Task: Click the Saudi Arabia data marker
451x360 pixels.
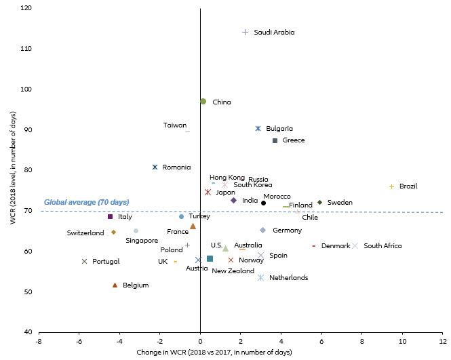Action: point(246,32)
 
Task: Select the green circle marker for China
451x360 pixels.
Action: point(203,101)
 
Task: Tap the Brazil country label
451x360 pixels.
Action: point(408,186)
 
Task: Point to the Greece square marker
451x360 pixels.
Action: point(275,140)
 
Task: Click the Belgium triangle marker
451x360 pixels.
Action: point(115,285)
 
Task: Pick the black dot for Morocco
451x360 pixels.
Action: point(264,203)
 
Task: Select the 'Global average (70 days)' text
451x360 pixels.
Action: point(86,202)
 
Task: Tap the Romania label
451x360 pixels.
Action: point(176,167)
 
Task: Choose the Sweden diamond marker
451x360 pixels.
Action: point(319,202)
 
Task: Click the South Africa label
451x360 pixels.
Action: point(383,245)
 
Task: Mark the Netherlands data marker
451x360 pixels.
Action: point(260,277)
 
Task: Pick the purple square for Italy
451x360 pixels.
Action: point(110,216)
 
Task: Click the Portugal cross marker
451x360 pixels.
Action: point(84,261)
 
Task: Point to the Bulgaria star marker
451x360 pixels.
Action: point(258,128)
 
